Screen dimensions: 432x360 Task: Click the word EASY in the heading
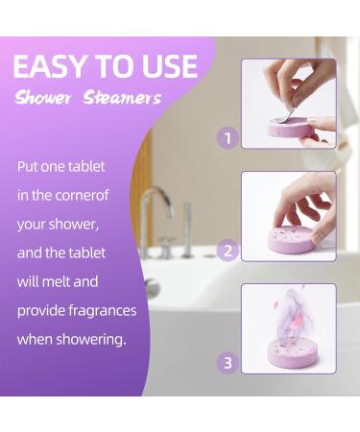pyautogui.click(x=51, y=66)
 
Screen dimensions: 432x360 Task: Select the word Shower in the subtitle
pyautogui.click(x=43, y=98)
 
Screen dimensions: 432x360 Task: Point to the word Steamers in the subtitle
pyautogui.click(x=122, y=98)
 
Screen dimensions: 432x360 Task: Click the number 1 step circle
pyautogui.click(x=228, y=138)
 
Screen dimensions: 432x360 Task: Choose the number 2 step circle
pyautogui.click(x=228, y=252)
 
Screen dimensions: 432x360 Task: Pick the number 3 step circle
pyautogui.click(x=228, y=363)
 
